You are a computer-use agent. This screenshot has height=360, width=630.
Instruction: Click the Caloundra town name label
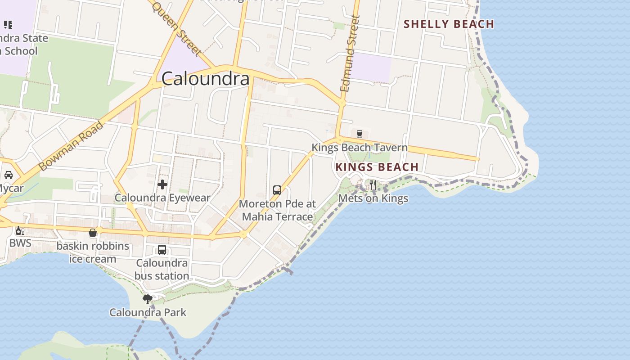[205, 79]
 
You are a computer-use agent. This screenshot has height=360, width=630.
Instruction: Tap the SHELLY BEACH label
[449, 24]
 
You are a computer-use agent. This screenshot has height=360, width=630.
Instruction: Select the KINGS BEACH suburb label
[377, 167]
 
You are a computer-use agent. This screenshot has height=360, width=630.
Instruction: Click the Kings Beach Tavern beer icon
[359, 134]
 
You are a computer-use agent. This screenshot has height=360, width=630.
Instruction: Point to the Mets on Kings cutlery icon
[373, 185]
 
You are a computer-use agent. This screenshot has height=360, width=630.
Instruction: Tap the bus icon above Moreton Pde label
[277, 190]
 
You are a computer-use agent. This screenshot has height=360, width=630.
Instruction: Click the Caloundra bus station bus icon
[162, 250]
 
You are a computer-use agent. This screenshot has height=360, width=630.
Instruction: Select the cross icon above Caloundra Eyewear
[162, 184]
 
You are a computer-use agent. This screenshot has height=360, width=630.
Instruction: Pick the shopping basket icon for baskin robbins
[93, 233]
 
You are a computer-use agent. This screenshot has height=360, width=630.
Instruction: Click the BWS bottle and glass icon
[20, 231]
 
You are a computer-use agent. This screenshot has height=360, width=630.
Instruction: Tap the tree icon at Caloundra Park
[147, 299]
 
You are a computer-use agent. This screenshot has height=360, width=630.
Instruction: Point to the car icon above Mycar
[9, 175]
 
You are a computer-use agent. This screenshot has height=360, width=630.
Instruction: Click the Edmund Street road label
[351, 54]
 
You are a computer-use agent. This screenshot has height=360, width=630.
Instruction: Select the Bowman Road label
[71, 146]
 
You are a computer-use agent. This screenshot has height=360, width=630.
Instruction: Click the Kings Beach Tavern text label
[360, 148]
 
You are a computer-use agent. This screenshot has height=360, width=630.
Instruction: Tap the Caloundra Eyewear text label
[162, 198]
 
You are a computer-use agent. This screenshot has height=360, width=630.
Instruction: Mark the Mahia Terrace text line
[277, 216]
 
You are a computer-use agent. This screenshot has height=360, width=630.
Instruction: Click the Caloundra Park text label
[148, 312]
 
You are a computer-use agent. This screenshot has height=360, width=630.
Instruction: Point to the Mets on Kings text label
[373, 198]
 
